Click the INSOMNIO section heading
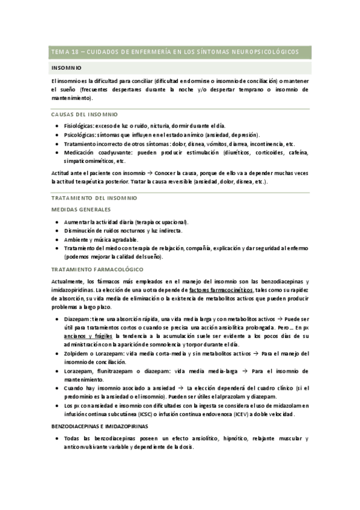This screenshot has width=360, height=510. tap(67, 68)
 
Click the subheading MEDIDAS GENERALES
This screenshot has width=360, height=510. tap(81, 209)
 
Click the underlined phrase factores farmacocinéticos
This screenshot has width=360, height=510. tap(221, 290)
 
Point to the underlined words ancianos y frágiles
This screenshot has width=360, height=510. tap(88, 337)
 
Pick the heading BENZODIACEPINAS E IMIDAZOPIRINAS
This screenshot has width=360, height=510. tap(109, 426)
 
